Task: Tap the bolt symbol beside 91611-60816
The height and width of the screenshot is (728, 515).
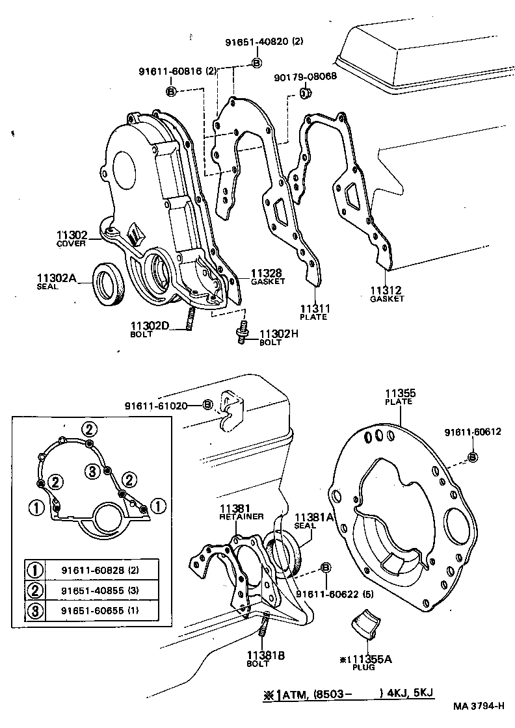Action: [171, 91]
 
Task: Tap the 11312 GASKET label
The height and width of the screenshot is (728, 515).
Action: [387, 294]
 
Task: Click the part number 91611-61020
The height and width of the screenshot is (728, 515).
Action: [156, 406]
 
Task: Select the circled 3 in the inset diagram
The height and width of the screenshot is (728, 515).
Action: [93, 471]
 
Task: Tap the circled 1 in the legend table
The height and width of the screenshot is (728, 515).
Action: [34, 570]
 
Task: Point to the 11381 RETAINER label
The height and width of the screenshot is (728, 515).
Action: [241, 512]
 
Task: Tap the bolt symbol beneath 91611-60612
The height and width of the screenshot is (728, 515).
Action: [473, 457]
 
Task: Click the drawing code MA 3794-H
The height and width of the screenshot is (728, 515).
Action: [479, 706]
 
